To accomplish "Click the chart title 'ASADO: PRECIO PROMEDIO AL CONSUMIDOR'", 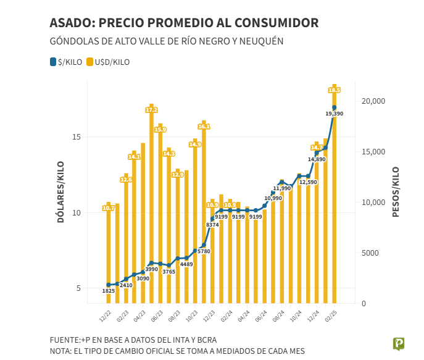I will coord(184,23).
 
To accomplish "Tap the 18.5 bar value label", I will coord(334,90).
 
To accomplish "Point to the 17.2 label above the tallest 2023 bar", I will coord(151,109).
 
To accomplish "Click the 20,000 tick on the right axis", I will coord(372,101).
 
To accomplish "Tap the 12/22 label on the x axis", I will coord(106,317).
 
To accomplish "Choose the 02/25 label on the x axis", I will coord(331,317).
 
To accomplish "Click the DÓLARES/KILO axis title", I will coord(60,191).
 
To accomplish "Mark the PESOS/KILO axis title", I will coord(396,191).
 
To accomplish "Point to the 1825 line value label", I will coord(108,291).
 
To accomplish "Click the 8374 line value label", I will coord(212,225).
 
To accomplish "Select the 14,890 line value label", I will coord(316,159).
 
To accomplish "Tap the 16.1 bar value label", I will coord(204,127).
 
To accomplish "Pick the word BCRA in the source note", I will coord(204,340).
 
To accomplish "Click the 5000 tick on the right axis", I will coord(369,253).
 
